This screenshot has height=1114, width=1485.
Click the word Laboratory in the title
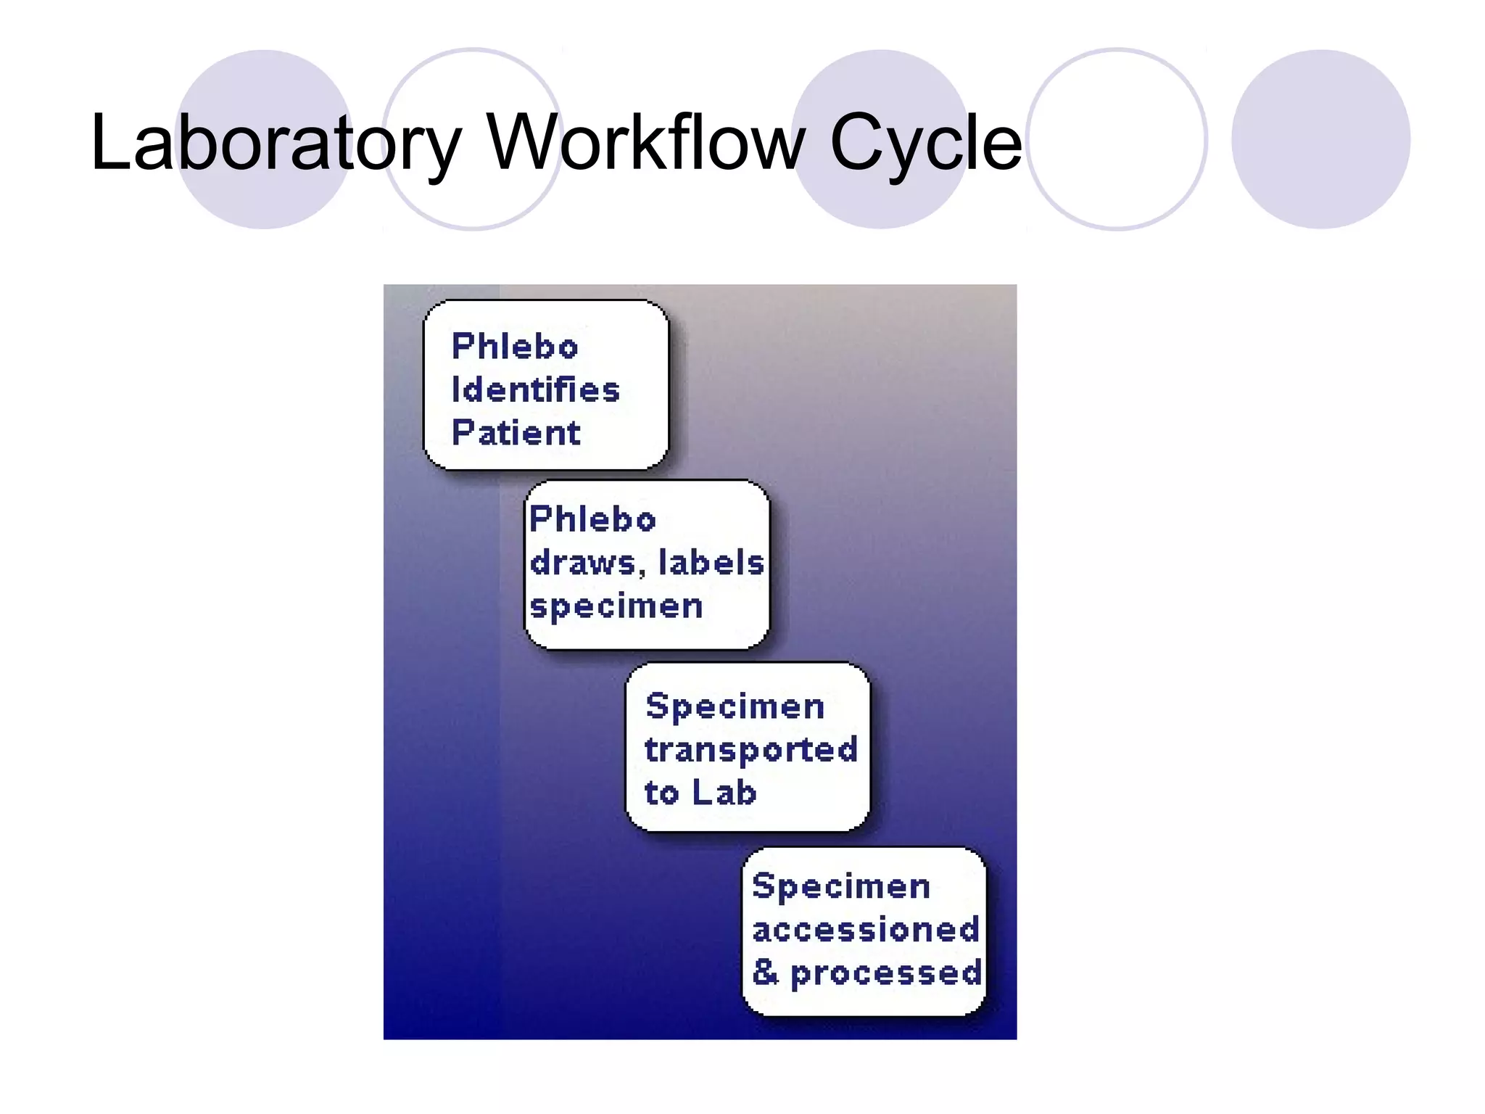coord(276,143)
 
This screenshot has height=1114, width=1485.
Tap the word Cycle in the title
coord(925,143)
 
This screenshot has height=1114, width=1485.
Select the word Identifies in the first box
coord(535,389)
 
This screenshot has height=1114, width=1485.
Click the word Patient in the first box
coord(516,433)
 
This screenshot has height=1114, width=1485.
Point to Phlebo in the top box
coord(515,346)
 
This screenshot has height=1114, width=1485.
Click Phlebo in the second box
coord(592,519)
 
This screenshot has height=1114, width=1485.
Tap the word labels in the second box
coord(711,563)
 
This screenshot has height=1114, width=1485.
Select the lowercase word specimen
coord(616,606)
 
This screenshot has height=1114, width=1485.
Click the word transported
coord(751,750)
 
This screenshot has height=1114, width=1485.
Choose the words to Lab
coord(700,793)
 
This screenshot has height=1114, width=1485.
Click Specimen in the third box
coord(735,706)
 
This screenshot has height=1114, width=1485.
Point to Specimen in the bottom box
coord(841,886)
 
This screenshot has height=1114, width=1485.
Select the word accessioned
coord(866,930)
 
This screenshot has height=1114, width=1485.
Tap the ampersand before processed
coord(765,972)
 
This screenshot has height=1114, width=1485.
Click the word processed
coord(886,973)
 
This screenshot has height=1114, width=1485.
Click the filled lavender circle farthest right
coord(1320,139)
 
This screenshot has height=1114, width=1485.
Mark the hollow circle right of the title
coord(1117,139)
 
